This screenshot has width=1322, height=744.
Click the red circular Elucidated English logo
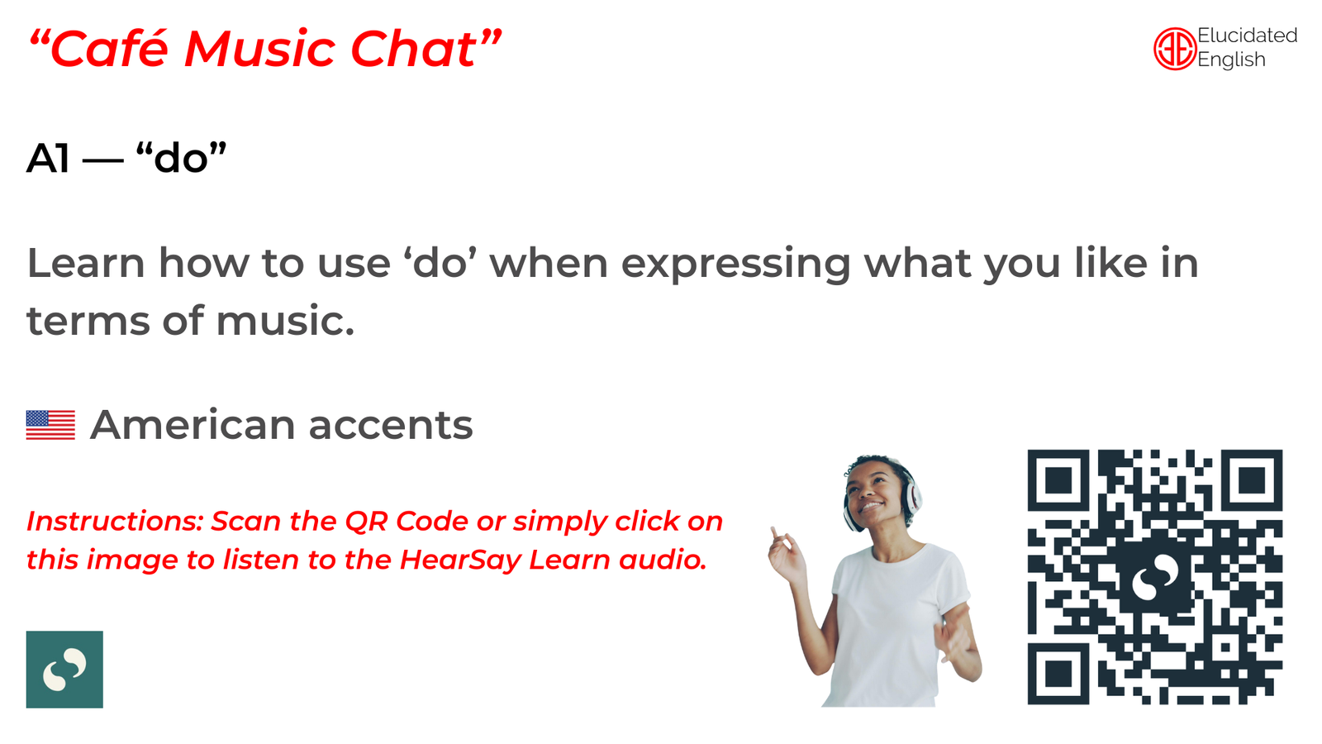coord(1174,49)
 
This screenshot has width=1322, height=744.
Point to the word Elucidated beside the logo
coord(1247,36)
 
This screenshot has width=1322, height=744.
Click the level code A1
coord(49,158)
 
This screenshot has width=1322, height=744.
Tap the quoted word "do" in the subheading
coord(181,157)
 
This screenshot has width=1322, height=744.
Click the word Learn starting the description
coord(86,263)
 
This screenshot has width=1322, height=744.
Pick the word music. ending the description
coord(285,321)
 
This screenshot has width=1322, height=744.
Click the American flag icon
coord(50,425)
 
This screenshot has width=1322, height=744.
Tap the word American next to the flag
coord(193,425)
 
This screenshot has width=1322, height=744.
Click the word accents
coord(391,426)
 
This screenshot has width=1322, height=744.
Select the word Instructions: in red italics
coord(116,522)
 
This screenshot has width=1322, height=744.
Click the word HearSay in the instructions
coord(460,560)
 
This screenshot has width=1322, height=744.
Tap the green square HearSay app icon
coord(64,669)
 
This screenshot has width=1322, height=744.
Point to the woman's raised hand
coord(785,553)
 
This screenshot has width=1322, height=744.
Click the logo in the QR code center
coord(1154,578)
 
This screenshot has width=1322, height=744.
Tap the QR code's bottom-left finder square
coord(1058,674)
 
